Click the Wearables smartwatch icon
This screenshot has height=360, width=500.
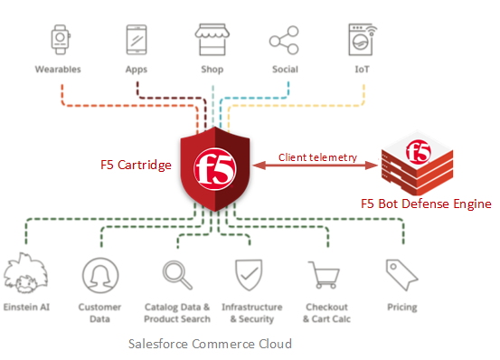(58, 40)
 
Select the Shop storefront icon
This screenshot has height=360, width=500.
(212, 40)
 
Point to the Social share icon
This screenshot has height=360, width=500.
(284, 40)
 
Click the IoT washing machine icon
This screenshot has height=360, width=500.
(363, 40)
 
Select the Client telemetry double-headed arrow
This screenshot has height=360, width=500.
(317, 166)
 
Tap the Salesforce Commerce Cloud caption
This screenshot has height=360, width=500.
(210, 344)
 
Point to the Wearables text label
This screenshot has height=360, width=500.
(58, 69)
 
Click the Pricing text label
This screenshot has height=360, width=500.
(401, 308)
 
